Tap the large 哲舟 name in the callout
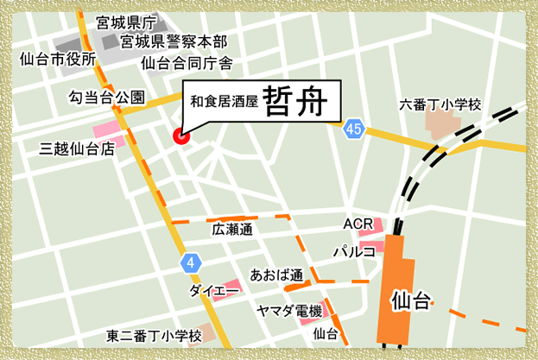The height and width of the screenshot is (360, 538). (294, 100)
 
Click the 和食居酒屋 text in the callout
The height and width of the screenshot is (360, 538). (224, 102)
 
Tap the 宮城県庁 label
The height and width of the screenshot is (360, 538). (126, 22)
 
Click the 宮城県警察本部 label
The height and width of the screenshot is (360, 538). (174, 41)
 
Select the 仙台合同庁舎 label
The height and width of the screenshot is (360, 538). (187, 62)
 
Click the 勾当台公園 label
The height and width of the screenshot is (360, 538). (106, 98)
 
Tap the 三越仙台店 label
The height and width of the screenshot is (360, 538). (78, 148)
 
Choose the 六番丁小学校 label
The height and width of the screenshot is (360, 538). (440, 104)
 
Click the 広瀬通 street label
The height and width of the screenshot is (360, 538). (231, 230)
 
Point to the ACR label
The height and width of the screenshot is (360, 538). (357, 224)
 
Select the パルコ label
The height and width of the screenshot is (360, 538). (354, 251)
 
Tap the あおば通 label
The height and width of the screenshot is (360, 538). (276, 275)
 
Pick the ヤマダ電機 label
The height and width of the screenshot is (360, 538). (289, 311)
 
